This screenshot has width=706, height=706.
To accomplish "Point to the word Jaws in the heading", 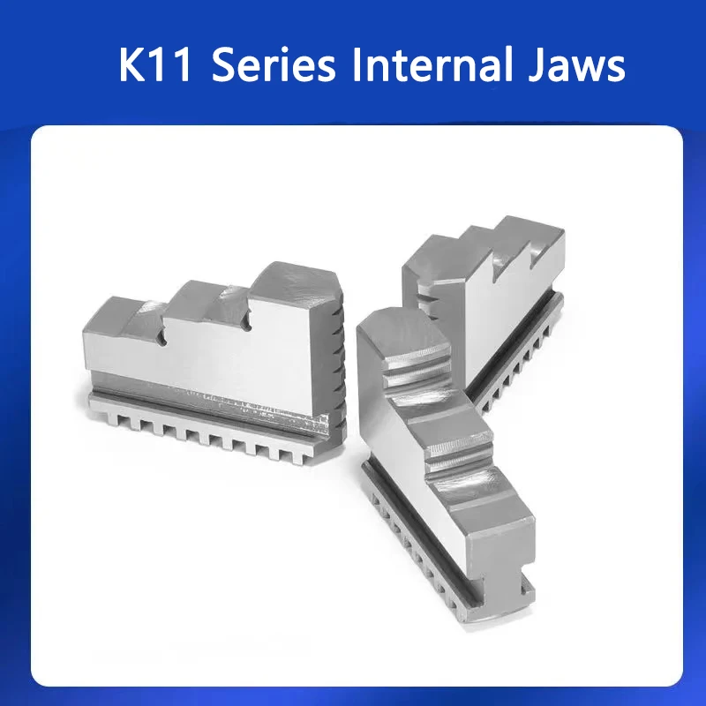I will click(x=578, y=66).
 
